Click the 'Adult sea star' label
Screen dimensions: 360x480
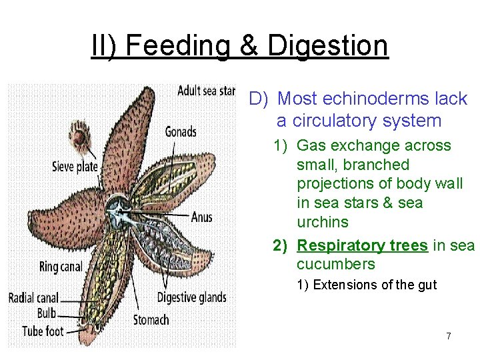click(x=206, y=91)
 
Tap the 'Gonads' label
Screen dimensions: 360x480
click(x=181, y=131)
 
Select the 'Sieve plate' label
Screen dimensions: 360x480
click(x=75, y=167)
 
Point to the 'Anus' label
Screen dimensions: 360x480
click(x=201, y=217)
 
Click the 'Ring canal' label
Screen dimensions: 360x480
click(x=61, y=267)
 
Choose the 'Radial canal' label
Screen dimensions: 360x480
click(x=33, y=297)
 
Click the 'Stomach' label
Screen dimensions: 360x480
click(x=151, y=320)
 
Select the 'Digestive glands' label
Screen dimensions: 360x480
click(x=191, y=297)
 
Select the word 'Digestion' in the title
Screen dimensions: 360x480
click(x=327, y=45)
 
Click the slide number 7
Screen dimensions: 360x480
click(x=448, y=336)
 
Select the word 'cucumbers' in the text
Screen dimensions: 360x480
click(x=335, y=264)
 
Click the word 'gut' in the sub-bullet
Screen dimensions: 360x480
click(x=427, y=285)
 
